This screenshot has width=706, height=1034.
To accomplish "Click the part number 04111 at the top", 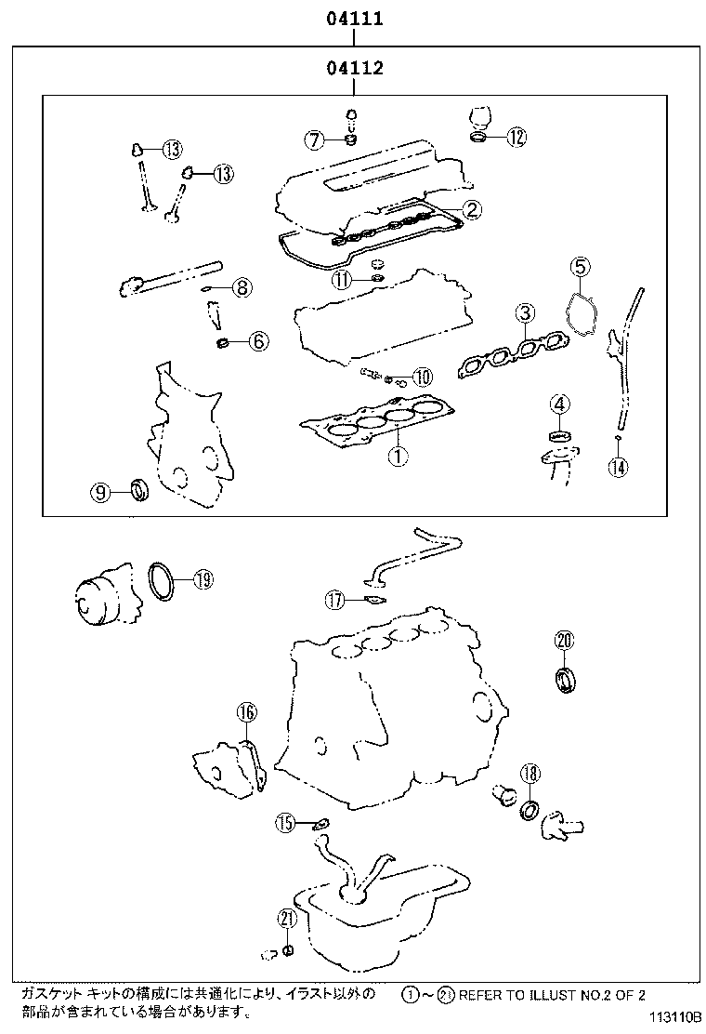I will (x=354, y=18).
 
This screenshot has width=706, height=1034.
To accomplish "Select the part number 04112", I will (x=354, y=68).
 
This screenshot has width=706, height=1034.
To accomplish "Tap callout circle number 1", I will (x=397, y=456).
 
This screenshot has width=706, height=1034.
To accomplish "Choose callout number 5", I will (x=580, y=267).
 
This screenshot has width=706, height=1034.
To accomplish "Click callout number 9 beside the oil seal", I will (x=100, y=491).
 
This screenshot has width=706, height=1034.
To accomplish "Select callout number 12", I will (x=516, y=138).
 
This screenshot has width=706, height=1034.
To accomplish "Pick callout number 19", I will (x=203, y=579).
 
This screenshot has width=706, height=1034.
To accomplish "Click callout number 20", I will (x=565, y=640).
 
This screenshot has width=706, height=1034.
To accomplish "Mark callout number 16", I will (x=245, y=712).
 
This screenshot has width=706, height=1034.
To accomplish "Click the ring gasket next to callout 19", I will (x=162, y=582).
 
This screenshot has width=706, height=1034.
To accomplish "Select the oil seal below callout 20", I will (x=565, y=680).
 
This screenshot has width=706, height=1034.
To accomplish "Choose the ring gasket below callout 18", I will (x=530, y=810).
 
